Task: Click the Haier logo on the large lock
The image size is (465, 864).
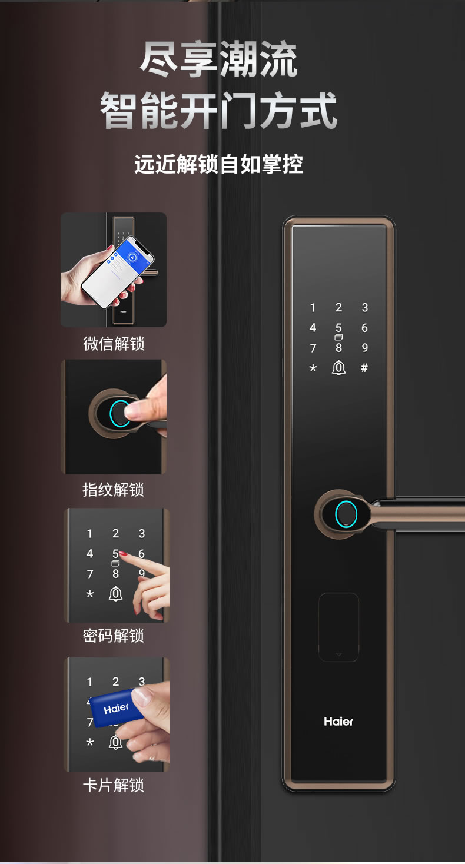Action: (x=338, y=721)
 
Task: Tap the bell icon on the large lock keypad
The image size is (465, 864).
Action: (x=338, y=368)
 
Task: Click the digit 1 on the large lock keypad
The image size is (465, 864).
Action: (x=313, y=307)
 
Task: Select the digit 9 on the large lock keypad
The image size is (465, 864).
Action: (x=364, y=347)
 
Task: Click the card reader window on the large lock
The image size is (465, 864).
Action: (x=338, y=627)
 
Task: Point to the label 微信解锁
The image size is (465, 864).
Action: (x=114, y=343)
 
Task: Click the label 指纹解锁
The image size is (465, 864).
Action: (x=114, y=490)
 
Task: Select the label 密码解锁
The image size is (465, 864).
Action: (x=114, y=636)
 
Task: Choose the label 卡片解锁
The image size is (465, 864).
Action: (x=114, y=785)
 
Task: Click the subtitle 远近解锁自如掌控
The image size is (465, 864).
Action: (x=218, y=164)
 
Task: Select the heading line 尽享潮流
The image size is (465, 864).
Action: (x=218, y=59)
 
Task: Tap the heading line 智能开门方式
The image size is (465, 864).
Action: (x=218, y=109)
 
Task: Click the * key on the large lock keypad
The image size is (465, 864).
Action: (x=313, y=368)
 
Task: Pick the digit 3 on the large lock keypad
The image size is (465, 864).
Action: (x=364, y=307)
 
